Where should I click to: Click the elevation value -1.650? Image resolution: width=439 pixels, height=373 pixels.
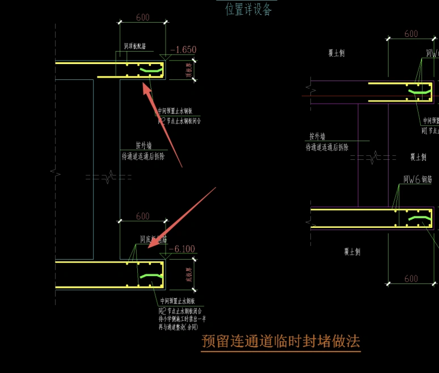coord(183,50)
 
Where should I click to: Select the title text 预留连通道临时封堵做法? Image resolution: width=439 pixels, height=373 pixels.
coord(281,341)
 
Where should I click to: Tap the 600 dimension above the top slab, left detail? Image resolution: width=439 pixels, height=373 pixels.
coord(143,18)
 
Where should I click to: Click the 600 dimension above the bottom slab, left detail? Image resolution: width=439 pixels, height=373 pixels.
coord(143,216)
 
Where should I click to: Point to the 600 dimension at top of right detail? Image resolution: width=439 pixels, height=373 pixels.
coord(411,34)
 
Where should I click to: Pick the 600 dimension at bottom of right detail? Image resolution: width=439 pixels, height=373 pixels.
coord(411,278)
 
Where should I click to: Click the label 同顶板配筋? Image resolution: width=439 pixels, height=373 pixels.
coord(135,46)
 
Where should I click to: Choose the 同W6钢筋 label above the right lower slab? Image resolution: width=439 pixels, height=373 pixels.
coord(418,180)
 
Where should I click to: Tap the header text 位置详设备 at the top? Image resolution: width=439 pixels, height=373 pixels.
coord(248,10)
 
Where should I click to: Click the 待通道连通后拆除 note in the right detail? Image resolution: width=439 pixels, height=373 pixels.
coord(327,147)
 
